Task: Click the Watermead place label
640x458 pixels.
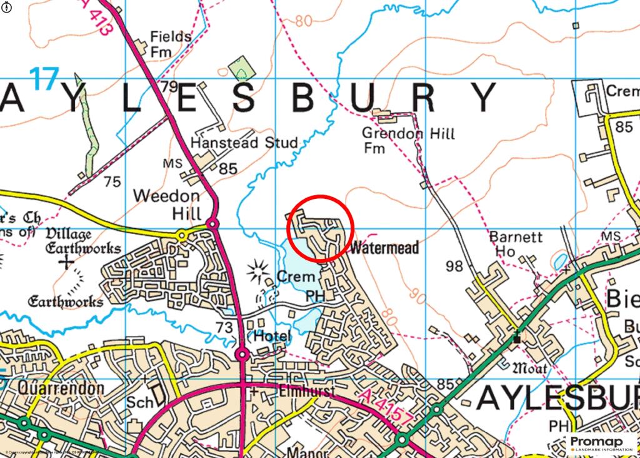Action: click(x=384, y=248)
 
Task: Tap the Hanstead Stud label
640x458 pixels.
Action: click(x=244, y=143)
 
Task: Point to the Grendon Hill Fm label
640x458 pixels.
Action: click(x=408, y=140)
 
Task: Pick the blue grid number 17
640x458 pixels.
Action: click(x=44, y=80)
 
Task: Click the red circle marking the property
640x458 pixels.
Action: click(x=321, y=228)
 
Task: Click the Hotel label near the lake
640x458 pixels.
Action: click(x=272, y=337)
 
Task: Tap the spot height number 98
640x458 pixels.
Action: click(x=454, y=267)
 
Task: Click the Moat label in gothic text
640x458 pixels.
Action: click(x=529, y=368)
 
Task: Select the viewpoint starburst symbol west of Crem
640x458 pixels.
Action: click(x=257, y=271)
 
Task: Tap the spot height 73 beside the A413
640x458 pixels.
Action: click(x=224, y=327)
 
